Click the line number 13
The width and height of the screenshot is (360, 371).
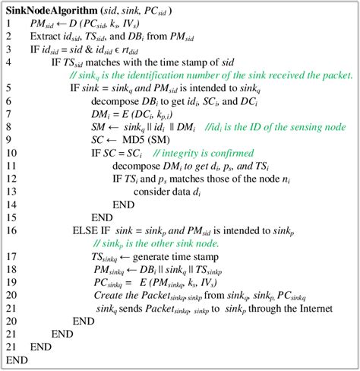(11, 191)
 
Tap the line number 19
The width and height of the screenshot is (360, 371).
(11, 281)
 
